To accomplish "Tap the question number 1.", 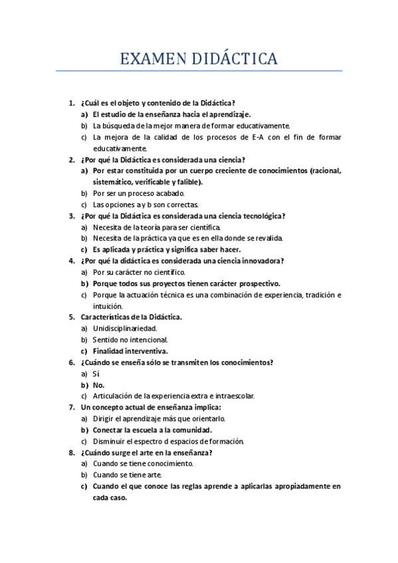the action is point(72,103).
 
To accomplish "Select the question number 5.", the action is point(72,317).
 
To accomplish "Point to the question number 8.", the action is point(72,453).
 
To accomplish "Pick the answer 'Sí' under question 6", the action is point(96,373).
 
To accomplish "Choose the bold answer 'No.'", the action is point(98,384).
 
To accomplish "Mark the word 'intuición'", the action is point(108,306).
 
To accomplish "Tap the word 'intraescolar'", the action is point(230,396).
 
